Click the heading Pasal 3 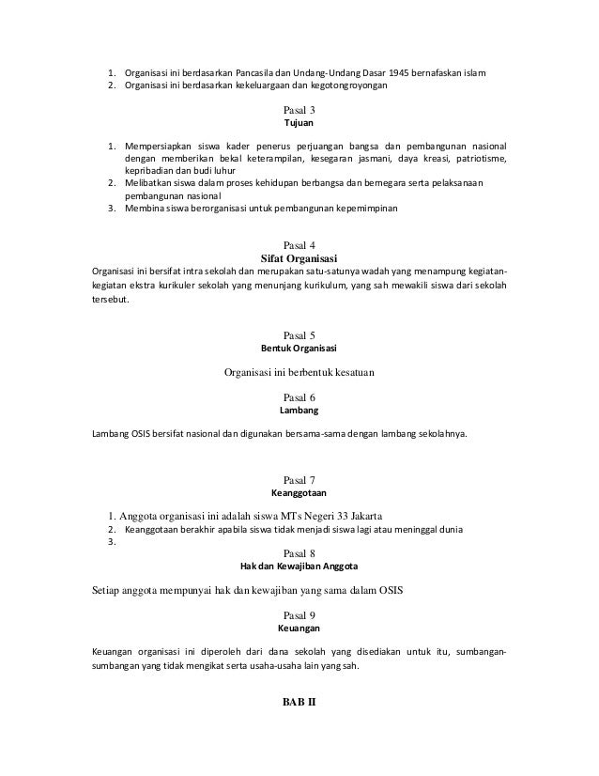299,111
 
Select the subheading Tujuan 299,123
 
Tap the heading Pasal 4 299,246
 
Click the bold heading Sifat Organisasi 299,258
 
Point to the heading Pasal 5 299,335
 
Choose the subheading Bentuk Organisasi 299,349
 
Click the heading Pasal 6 299,398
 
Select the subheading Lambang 299,411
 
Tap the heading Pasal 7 299,481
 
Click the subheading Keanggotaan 299,492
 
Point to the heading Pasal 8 299,553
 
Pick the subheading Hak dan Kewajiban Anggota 299,566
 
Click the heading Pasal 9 299,615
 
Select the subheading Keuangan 299,629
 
